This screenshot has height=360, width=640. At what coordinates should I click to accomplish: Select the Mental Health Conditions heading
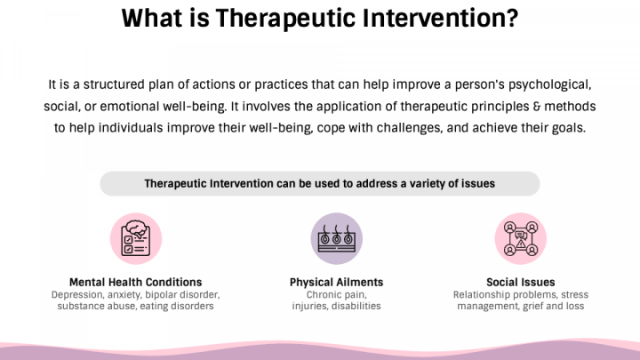pyautogui.click(x=135, y=283)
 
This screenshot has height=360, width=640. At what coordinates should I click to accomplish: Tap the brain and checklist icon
pyautogui.click(x=135, y=238)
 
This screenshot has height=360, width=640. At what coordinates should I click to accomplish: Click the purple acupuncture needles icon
pyautogui.click(x=336, y=238)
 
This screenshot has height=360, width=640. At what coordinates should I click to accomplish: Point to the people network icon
pyautogui.click(x=520, y=238)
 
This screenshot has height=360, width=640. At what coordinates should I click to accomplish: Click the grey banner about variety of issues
pyautogui.click(x=319, y=184)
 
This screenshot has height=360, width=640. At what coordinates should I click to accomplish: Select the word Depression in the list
pyautogui.click(x=82, y=294)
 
